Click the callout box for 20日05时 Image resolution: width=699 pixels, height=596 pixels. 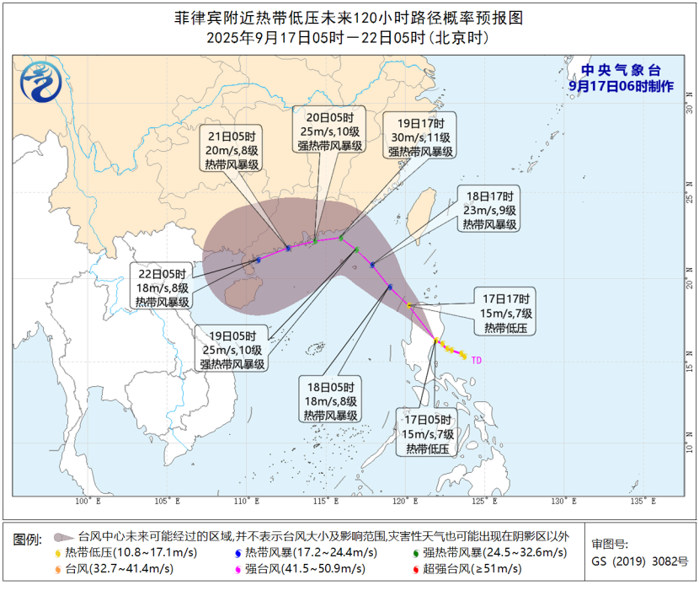[329, 131]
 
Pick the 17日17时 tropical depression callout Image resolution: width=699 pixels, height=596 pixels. [504, 313]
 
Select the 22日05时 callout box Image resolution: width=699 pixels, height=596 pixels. [163, 287]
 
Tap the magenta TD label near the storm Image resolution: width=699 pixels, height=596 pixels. [477, 360]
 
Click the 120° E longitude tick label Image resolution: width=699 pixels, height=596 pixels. [405, 502]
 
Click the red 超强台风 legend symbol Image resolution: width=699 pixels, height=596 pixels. [415, 569]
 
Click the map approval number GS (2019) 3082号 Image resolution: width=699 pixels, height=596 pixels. [639, 561]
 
